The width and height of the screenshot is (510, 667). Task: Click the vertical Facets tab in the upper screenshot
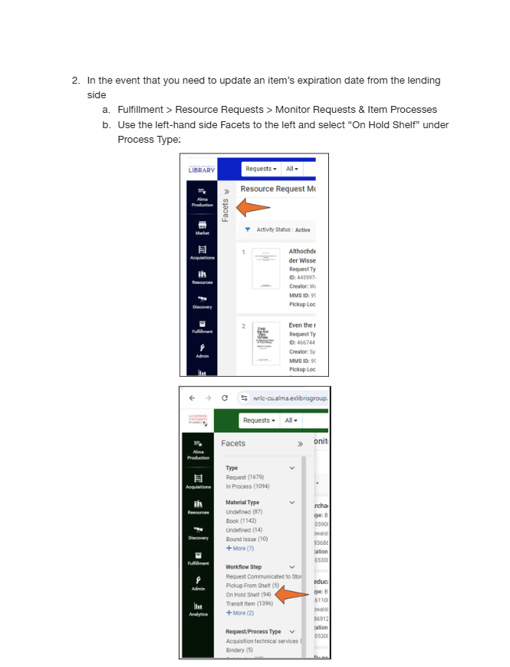click(225, 207)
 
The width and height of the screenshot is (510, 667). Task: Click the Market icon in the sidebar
click(202, 228)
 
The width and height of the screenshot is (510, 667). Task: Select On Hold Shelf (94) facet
click(248, 595)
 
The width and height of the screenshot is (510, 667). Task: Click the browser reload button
click(224, 398)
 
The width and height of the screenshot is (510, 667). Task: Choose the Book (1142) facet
click(241, 520)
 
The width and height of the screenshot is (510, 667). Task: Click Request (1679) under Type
click(245, 477)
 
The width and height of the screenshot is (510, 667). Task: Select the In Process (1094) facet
click(247, 486)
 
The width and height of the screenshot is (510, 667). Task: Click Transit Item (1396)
click(248, 604)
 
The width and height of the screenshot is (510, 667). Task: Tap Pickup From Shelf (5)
click(252, 586)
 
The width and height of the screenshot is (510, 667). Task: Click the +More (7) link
click(239, 548)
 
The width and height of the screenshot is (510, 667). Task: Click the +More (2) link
click(239, 613)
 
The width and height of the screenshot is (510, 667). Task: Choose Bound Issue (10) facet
click(246, 539)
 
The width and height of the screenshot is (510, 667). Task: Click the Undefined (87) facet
click(244, 511)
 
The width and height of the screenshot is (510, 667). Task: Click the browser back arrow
click(191, 398)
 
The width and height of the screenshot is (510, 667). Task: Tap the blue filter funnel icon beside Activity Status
click(247, 229)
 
